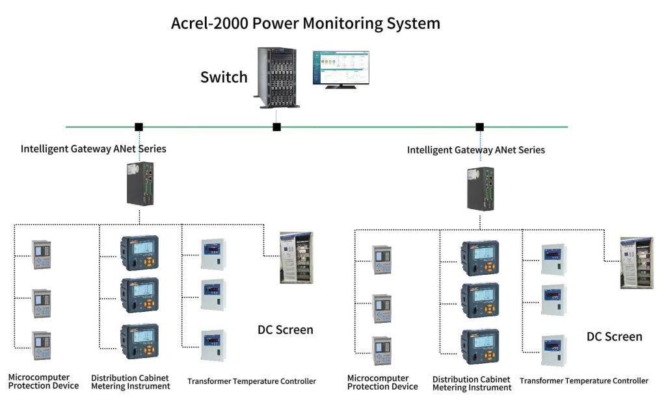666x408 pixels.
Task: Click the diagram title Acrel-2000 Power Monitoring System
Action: pyautogui.click(x=305, y=23)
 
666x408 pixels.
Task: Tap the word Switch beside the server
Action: pyautogui.click(x=224, y=77)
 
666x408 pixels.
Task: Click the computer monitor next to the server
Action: pyautogui.click(x=340, y=68)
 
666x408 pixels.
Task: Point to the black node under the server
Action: pyautogui.click(x=276, y=127)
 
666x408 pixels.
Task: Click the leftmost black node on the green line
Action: pyautogui.click(x=139, y=127)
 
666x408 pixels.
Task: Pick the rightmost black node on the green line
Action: pyautogui.click(x=480, y=127)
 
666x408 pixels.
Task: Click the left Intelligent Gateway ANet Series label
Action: pyautogui.click(x=93, y=149)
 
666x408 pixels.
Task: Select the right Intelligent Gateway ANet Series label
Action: pyautogui.click(x=476, y=150)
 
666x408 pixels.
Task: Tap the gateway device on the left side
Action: pyautogui.click(x=140, y=184)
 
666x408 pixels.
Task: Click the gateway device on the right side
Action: pyautogui.click(x=481, y=188)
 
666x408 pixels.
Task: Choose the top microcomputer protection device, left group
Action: pyautogui.click(x=42, y=255)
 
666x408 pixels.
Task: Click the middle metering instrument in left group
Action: pyautogui.click(x=139, y=296)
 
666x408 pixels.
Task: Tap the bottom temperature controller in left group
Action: pyautogui.click(x=213, y=346)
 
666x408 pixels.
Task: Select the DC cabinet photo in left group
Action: pyautogui.click(x=296, y=257)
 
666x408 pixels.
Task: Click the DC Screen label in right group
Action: pyautogui.click(x=614, y=337)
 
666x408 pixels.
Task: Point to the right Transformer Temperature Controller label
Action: pyautogui.click(x=583, y=381)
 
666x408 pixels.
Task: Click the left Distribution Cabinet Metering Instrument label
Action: pyautogui.click(x=130, y=382)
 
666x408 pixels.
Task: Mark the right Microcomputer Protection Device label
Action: pyautogui.click(x=382, y=383)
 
